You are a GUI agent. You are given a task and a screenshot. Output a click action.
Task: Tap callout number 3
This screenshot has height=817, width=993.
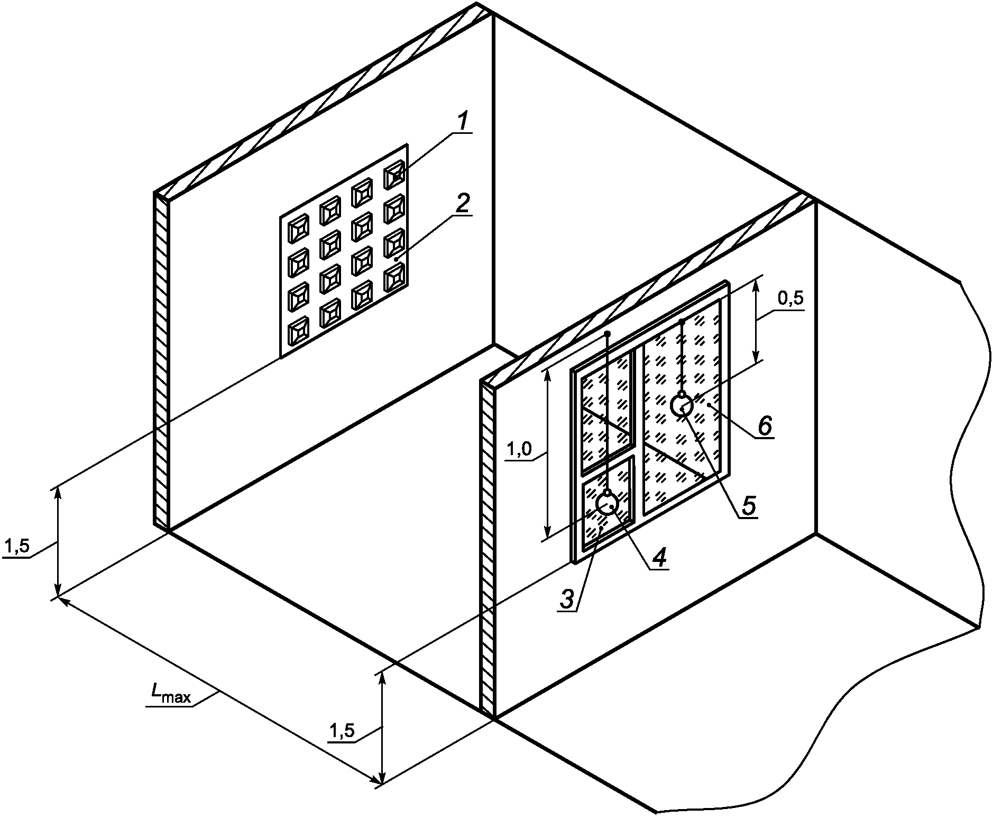(x=566, y=599)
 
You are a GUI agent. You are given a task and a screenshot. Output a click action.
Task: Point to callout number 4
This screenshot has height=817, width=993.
(x=659, y=557)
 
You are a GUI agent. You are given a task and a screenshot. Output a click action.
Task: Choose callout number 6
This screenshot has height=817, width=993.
(x=765, y=425)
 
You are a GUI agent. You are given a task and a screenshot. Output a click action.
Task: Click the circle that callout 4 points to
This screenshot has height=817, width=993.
(x=606, y=503)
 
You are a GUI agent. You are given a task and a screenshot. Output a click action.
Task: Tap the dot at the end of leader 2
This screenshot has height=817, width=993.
(x=396, y=259)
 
